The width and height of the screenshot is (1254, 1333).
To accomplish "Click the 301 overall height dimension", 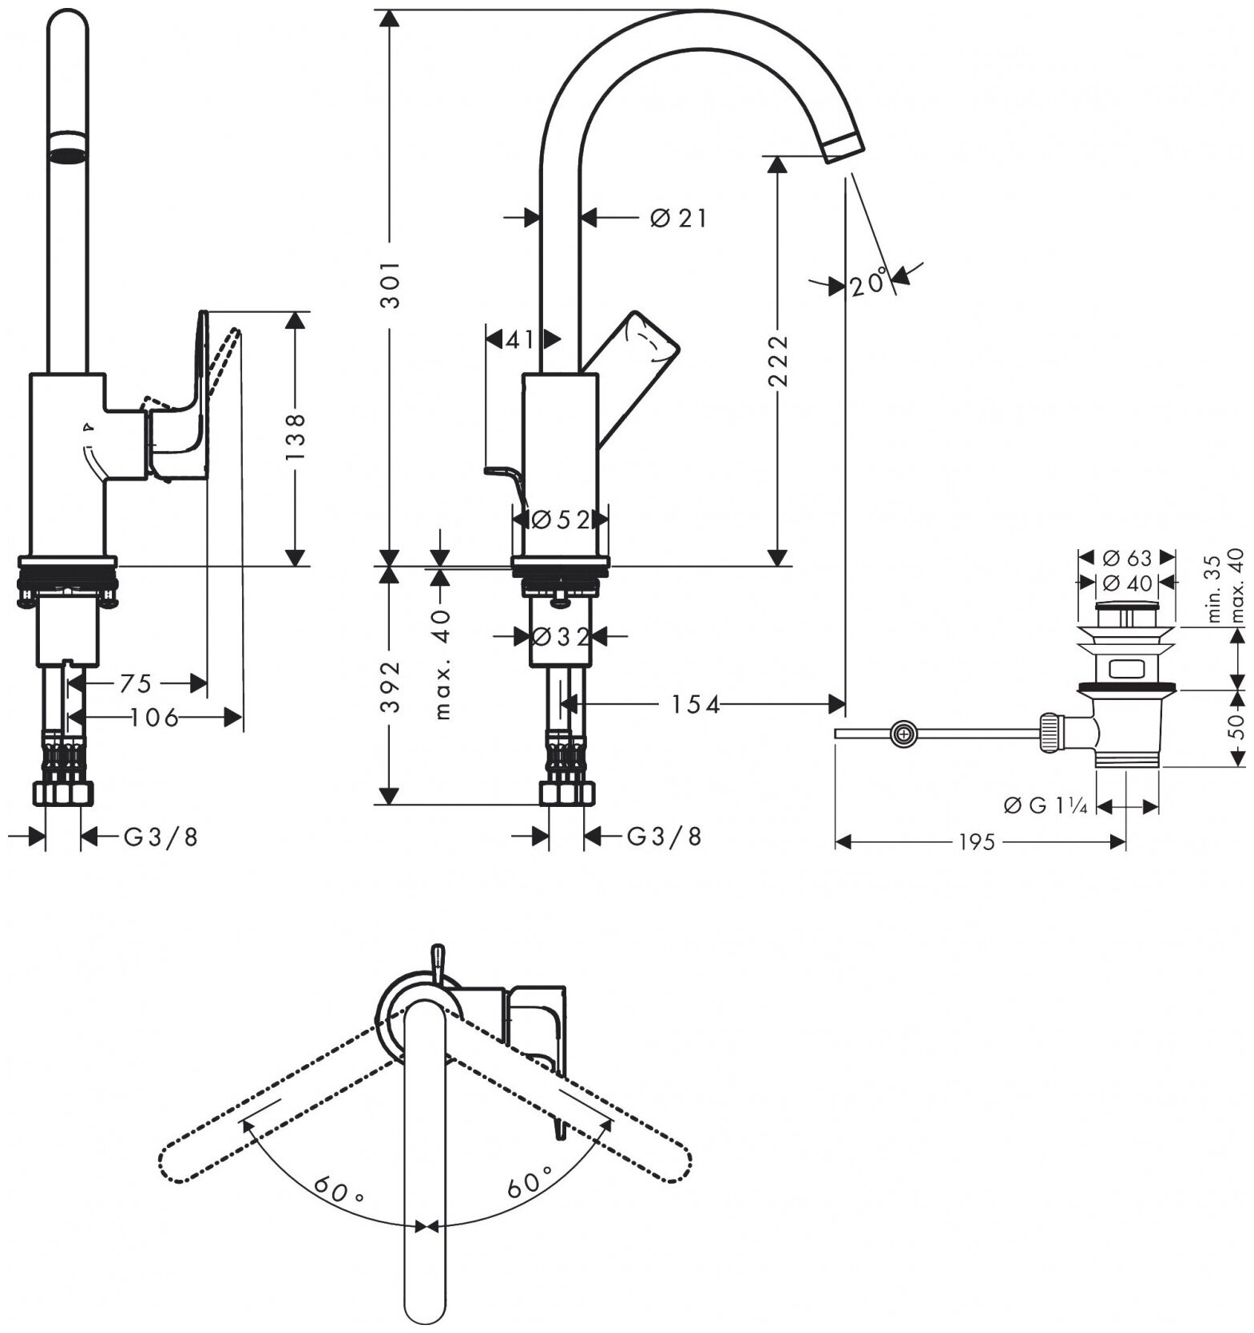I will [388, 283].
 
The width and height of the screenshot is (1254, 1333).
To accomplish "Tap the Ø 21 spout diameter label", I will [678, 217].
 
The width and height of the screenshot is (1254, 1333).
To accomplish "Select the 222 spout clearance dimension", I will [777, 362].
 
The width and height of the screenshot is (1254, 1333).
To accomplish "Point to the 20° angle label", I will [868, 283].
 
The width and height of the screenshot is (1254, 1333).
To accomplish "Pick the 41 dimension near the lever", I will [519, 340].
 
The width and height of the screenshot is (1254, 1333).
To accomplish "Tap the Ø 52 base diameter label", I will [561, 520].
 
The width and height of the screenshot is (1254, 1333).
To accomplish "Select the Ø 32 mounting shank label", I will [561, 637].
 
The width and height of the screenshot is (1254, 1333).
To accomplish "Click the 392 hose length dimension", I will [388, 686].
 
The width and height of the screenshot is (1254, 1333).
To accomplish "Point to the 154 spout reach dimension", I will [695, 704].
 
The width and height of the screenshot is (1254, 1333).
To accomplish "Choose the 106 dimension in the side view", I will [155, 718].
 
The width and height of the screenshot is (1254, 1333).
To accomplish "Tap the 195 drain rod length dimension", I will [976, 841].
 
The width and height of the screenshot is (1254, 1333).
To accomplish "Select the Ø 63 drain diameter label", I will [1127, 557].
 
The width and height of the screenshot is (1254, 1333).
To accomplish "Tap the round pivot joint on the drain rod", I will [903, 734].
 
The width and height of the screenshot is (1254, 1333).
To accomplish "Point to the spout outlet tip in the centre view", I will [844, 148].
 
